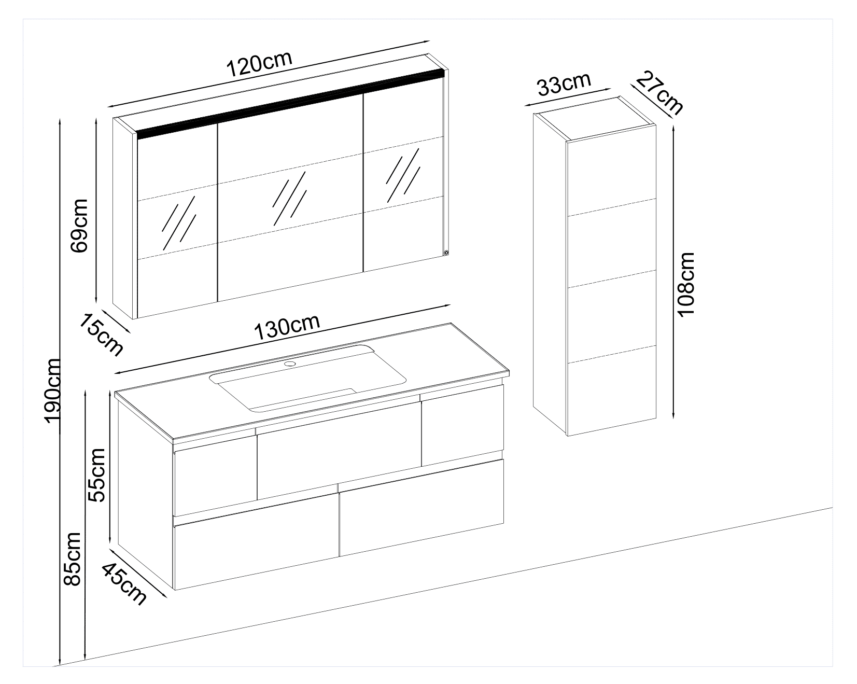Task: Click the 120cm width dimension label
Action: [x=260, y=63]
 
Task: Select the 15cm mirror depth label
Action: [x=101, y=335]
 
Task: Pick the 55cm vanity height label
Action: [x=96, y=475]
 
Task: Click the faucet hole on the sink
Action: [x=290, y=364]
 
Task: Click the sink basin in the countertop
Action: [x=307, y=378]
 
